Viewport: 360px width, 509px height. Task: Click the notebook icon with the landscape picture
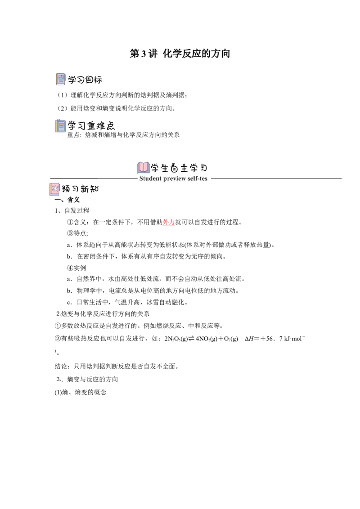[x=61, y=79]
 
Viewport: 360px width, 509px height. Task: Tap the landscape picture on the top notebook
[x=61, y=78]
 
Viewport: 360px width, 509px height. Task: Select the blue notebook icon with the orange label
[x=61, y=126]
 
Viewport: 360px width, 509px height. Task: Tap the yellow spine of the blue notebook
[x=56, y=126]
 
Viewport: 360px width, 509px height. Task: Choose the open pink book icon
[x=144, y=166]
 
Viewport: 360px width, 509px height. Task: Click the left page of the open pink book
[x=141, y=167]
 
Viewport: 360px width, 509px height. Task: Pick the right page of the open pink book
[x=146, y=167]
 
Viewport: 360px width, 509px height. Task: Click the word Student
[x=150, y=179]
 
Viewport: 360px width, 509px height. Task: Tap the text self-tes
[x=198, y=179]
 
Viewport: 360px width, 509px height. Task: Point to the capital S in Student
[x=141, y=179]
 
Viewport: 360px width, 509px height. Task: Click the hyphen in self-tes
[x=199, y=179]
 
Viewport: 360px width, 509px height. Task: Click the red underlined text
[x=169, y=222]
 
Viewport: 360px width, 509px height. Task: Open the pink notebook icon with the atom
[x=54, y=189]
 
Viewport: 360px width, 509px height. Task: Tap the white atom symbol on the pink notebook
[x=55, y=188]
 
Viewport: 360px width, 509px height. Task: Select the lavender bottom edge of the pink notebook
[x=54, y=196]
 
